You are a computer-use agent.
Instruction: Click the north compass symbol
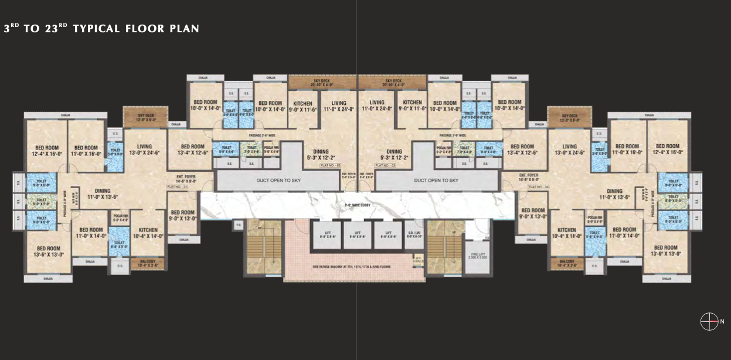tap(709, 321)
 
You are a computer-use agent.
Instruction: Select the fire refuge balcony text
tap(352, 267)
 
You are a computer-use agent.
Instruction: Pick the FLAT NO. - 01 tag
tap(176, 186)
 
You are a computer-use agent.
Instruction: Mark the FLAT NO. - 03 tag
tap(385, 166)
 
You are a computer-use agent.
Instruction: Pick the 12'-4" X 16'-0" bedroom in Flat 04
tap(668, 149)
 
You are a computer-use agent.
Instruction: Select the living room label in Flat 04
tap(569, 150)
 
